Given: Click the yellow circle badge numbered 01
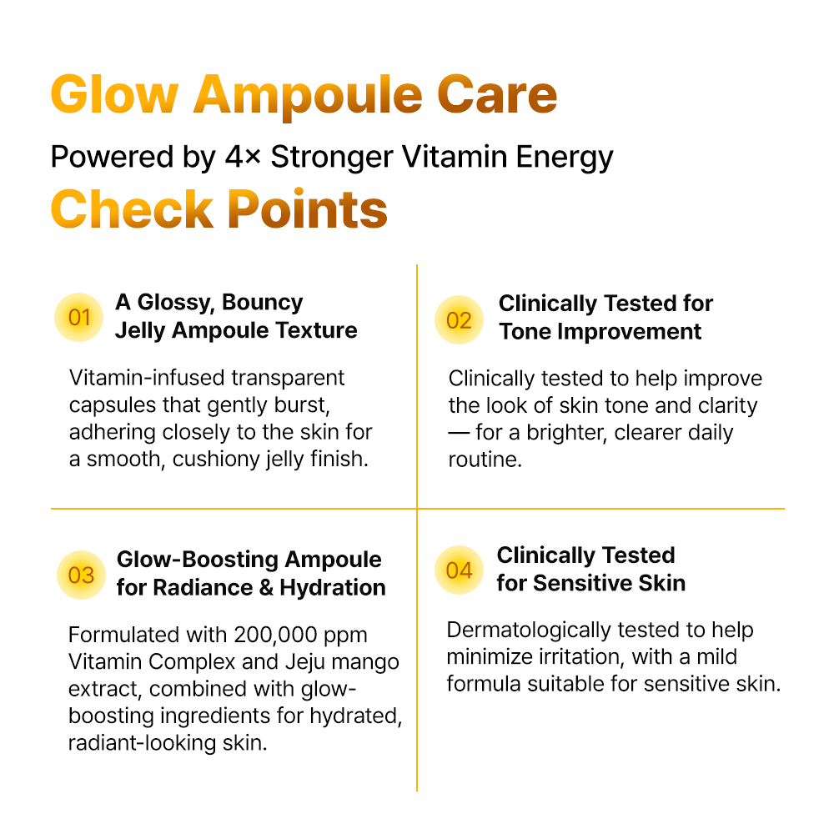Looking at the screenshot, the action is click(x=78, y=318).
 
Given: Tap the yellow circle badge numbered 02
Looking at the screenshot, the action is click(x=459, y=320).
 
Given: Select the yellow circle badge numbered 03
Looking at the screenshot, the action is click(x=82, y=575).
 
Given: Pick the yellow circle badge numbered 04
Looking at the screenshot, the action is click(x=459, y=570).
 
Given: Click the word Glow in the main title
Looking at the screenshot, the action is click(x=114, y=95).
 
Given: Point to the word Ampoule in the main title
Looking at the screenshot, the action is click(x=308, y=98).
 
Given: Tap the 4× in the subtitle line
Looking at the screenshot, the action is click(x=243, y=157).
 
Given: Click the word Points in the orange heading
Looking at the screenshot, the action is click(x=308, y=209).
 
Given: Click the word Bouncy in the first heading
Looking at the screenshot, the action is click(x=262, y=303).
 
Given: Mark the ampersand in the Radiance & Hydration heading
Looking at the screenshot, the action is click(x=266, y=588).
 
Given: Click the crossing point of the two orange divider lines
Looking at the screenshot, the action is click(x=417, y=509).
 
